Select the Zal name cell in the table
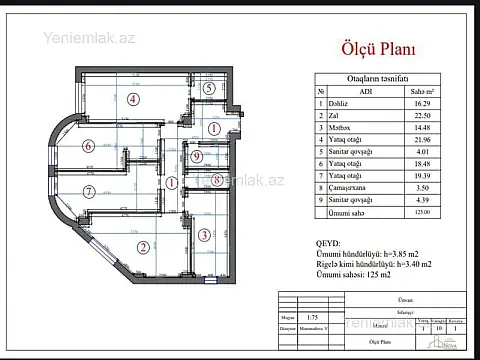(336, 114)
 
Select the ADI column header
(364, 91)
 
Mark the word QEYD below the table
(327, 243)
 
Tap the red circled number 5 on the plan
(208, 87)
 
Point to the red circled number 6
(88, 145)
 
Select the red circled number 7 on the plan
(88, 191)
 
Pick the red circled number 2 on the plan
(143, 248)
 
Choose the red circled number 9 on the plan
(197, 157)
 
